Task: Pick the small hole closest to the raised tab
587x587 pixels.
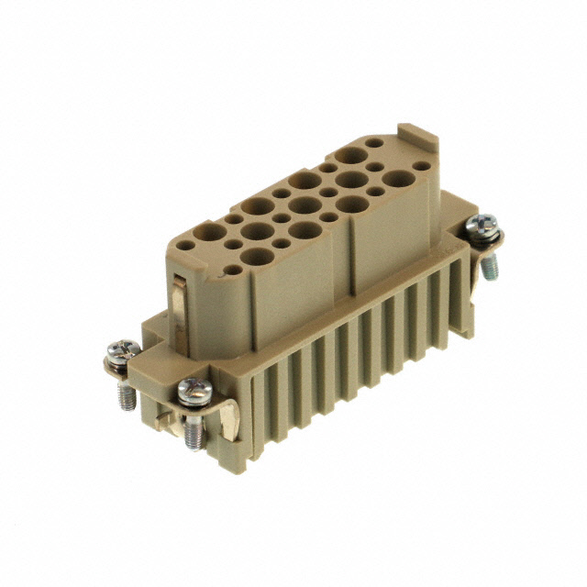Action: [x=374, y=144]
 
